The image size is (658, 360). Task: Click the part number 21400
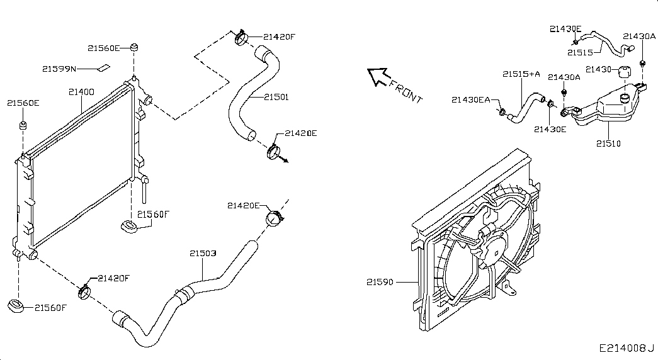tap(81, 92)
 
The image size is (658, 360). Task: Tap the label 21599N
tap(59, 68)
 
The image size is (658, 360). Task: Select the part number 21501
tap(276, 97)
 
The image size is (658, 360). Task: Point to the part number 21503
tap(203, 254)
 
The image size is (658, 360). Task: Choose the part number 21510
tap(608, 143)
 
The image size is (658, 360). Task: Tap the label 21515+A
tap(521, 74)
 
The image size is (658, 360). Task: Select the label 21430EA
tap(471, 99)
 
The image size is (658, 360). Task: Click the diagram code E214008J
tap(627, 347)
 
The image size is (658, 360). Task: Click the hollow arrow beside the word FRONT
tap(378, 76)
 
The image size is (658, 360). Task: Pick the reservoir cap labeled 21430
tap(625, 71)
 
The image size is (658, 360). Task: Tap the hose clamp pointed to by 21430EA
tap(502, 112)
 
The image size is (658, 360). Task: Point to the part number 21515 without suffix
tap(580, 52)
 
